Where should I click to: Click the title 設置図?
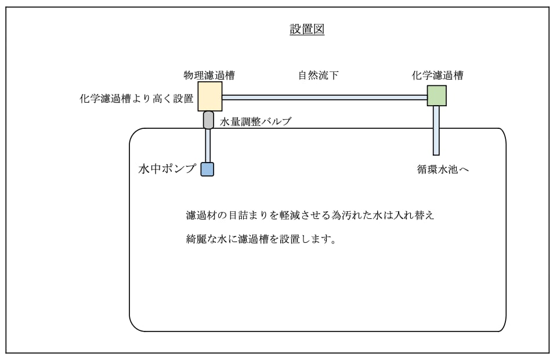pyautogui.click(x=307, y=30)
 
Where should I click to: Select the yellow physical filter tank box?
pyautogui.click(x=210, y=96)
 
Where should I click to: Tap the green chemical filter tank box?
pyautogui.click(x=436, y=95)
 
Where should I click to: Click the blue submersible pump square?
pyautogui.click(x=208, y=169)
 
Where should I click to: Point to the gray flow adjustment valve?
pyautogui.click(x=208, y=120)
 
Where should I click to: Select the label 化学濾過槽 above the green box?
pyautogui.click(x=437, y=75)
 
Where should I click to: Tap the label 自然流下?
pyautogui.click(x=318, y=75)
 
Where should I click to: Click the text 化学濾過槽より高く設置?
pyautogui.click(x=136, y=99)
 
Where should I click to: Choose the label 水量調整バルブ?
pyautogui.click(x=255, y=122)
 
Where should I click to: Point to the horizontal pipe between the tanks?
pyautogui.click(x=325, y=98)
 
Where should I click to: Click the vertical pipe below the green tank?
pyautogui.click(x=436, y=131)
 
